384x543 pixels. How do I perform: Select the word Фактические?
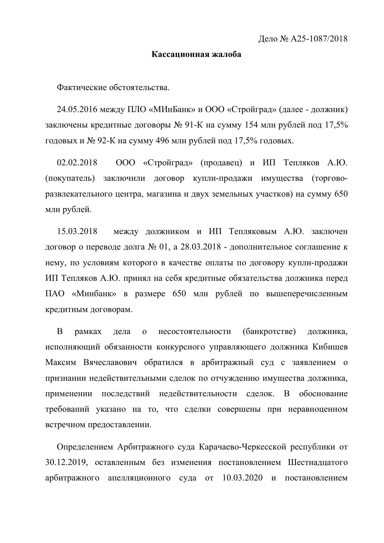click(81, 88)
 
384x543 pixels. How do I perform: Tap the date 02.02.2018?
click(77, 163)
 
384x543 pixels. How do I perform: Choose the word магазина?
click(165, 194)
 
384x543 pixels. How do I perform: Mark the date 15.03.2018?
click(77, 231)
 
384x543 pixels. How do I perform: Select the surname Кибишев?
click(330, 347)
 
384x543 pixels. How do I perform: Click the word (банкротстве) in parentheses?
click(269, 331)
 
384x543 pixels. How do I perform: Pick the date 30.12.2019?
click(66, 462)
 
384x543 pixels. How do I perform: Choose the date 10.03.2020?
click(243, 478)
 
